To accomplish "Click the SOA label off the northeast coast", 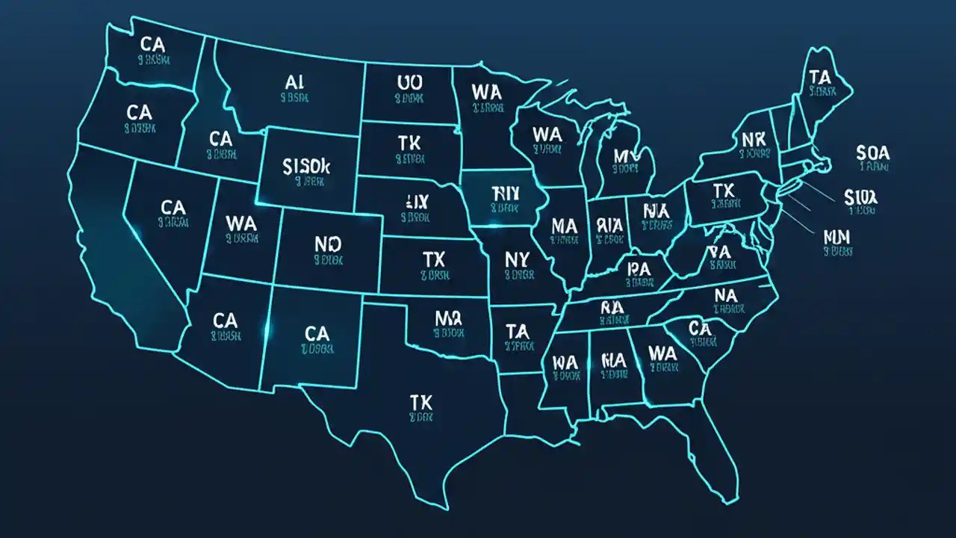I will click(x=873, y=153).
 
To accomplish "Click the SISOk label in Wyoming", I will click(x=306, y=166).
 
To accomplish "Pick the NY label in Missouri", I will click(x=517, y=259).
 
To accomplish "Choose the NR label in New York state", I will click(x=754, y=140).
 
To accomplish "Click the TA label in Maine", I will click(x=820, y=76).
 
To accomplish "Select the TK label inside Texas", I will click(x=421, y=402).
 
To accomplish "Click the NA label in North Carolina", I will click(x=725, y=295).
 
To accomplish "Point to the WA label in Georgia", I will click(x=662, y=353).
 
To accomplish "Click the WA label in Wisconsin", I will click(x=547, y=134).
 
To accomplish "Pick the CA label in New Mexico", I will click(x=317, y=333).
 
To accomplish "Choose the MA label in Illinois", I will click(x=563, y=225).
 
